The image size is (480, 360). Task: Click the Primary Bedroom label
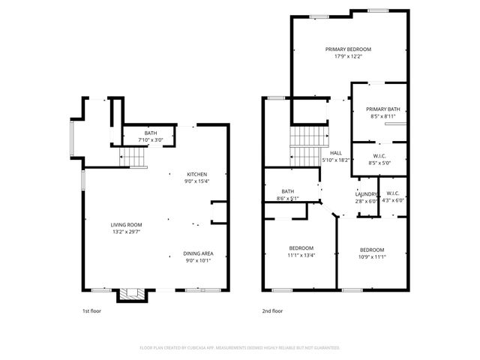pyautogui.click(x=348, y=49)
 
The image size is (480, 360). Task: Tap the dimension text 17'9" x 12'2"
pyautogui.click(x=348, y=57)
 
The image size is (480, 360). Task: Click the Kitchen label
pyautogui.click(x=197, y=174)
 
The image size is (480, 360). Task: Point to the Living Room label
pyautogui.click(x=126, y=224)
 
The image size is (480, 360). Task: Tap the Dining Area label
pyautogui.click(x=198, y=253)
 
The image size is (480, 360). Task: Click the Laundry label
pyautogui.click(x=367, y=194)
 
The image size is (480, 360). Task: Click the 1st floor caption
pyautogui.click(x=91, y=310)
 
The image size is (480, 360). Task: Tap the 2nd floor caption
pyautogui.click(x=272, y=310)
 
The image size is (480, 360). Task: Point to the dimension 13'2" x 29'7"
pyautogui.click(x=126, y=232)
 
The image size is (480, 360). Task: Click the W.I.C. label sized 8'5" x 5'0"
pyautogui.click(x=380, y=154)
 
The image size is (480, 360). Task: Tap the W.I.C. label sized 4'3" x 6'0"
pyautogui.click(x=393, y=193)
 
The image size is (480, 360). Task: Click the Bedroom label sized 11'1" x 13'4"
pyautogui.click(x=301, y=248)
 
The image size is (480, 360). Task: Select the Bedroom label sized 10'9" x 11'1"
pyautogui.click(x=371, y=250)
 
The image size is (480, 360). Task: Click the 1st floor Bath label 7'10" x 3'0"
pyautogui.click(x=150, y=133)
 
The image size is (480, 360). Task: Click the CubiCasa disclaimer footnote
pyautogui.click(x=240, y=348)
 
